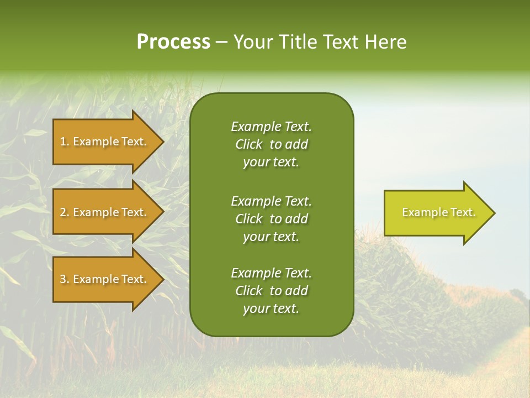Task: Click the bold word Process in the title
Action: click(x=173, y=42)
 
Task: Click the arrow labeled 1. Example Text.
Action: click(x=105, y=142)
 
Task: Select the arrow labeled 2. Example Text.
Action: click(x=105, y=212)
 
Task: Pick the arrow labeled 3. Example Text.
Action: click(x=105, y=279)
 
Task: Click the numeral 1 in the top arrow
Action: click(x=63, y=142)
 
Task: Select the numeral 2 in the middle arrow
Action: click(x=63, y=212)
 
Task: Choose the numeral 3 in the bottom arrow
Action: click(x=63, y=279)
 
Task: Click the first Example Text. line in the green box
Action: click(x=271, y=127)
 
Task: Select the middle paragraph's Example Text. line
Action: click(x=271, y=201)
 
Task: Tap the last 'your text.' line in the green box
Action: click(x=271, y=309)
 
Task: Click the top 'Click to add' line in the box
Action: click(x=271, y=144)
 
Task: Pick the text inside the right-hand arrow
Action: click(x=438, y=212)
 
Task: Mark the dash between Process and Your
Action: click(x=222, y=42)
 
